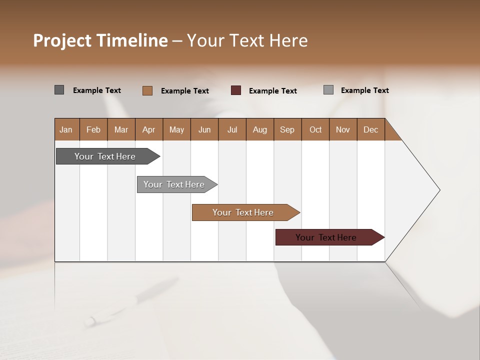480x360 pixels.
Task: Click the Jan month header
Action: point(66,129)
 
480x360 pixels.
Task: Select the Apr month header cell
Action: point(149,129)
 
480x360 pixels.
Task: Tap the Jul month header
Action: point(232,129)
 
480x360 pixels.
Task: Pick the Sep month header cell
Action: point(287,129)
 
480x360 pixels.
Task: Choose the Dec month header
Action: point(370,129)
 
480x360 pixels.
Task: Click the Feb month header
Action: point(93,129)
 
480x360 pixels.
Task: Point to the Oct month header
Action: point(315,129)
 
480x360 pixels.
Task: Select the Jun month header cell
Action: point(204,129)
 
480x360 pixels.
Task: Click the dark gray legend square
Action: point(59,90)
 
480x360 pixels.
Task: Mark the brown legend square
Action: point(147,90)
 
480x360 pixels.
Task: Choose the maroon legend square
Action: point(236,90)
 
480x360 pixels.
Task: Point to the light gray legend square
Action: point(328,90)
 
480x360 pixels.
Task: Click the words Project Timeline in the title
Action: point(100,40)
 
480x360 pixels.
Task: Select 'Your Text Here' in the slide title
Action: point(247,40)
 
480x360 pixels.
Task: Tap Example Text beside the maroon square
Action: point(272,91)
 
